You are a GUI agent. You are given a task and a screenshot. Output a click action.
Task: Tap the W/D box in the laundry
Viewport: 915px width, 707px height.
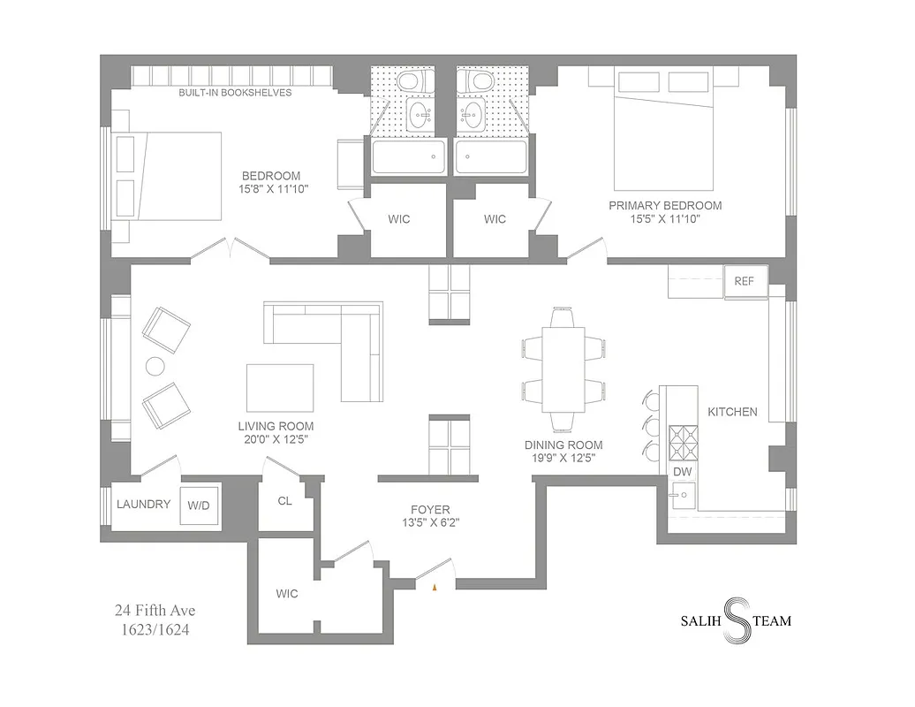click(198, 506)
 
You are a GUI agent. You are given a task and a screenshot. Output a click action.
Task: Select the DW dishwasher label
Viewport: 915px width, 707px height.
click(682, 473)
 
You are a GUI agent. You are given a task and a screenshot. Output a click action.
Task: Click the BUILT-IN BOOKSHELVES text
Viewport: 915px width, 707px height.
click(235, 93)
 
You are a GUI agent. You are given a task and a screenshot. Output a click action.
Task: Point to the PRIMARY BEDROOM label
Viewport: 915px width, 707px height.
click(664, 205)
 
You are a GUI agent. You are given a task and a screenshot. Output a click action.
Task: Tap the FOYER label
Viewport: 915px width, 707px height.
click(430, 510)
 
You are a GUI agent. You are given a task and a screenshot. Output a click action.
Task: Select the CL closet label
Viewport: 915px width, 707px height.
click(284, 501)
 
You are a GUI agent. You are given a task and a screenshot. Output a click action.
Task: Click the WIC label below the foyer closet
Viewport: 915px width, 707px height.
click(286, 594)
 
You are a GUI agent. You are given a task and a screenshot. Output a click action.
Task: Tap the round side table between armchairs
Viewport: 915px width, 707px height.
click(155, 367)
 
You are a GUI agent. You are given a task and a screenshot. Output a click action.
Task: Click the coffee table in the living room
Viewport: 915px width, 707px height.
click(280, 388)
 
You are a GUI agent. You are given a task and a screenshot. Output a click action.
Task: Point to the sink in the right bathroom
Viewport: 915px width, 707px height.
click(474, 112)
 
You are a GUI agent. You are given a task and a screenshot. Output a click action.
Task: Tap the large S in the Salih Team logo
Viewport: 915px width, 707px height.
click(736, 620)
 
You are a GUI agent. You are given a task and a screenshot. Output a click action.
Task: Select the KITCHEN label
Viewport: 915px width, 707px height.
click(732, 411)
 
